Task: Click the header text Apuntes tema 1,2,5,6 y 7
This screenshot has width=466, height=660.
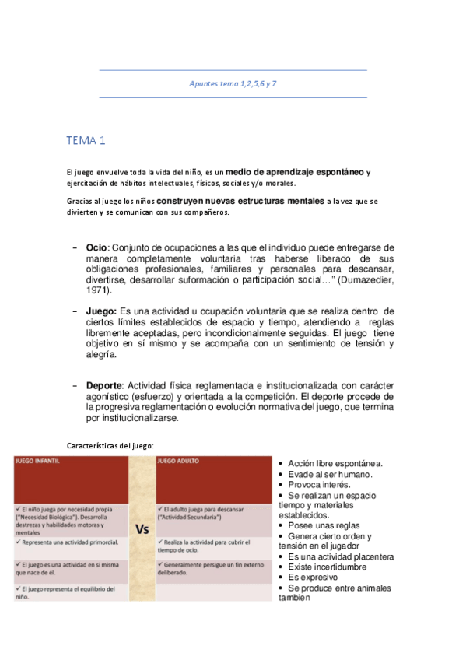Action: [233, 83]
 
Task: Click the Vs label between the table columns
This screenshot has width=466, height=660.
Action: [142, 529]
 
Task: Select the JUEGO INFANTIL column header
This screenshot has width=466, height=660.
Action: [38, 461]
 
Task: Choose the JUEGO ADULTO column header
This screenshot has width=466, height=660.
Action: [179, 461]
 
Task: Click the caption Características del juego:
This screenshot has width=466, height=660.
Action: [110, 445]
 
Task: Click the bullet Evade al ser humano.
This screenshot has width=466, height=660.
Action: [330, 474]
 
